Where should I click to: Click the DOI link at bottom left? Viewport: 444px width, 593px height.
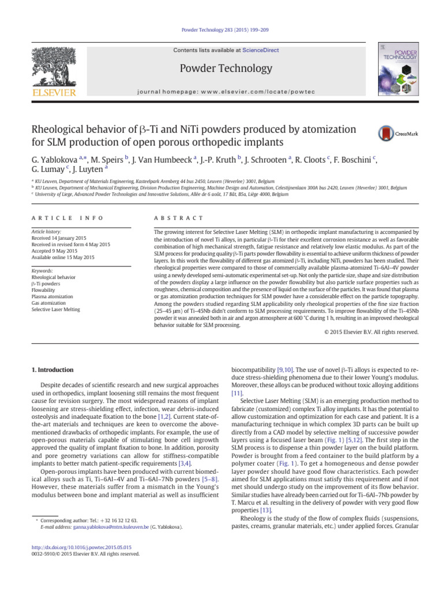point(81,547)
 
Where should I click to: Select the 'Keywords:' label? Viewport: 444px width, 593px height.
point(43,270)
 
